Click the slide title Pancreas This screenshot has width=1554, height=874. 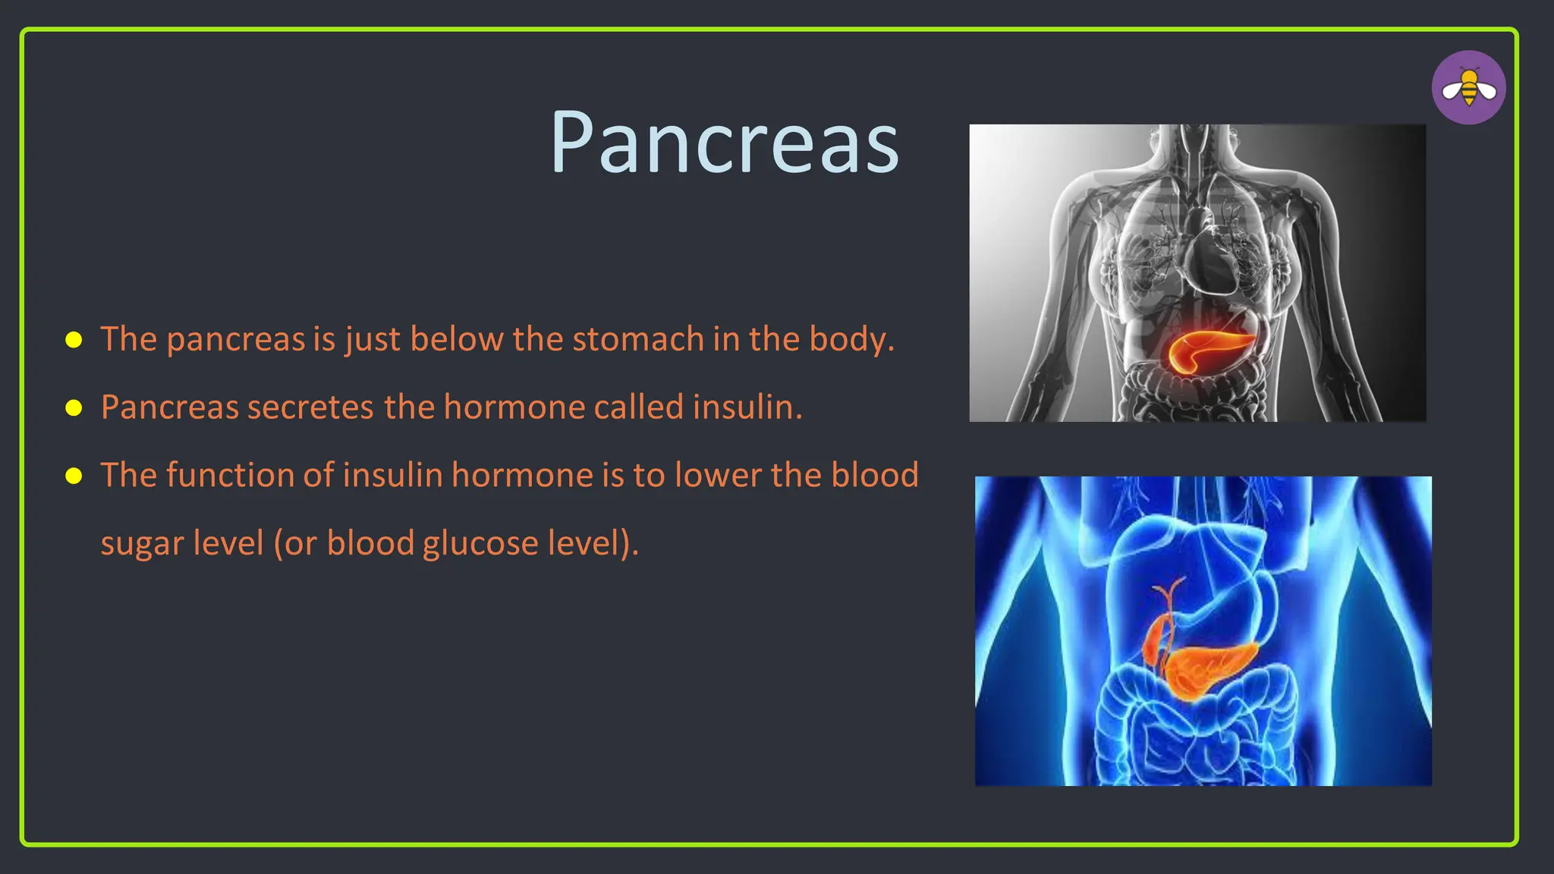pyautogui.click(x=725, y=143)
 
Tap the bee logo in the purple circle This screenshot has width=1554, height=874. pyautogui.click(x=1468, y=88)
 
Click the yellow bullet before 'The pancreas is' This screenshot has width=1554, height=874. pyautogui.click(x=74, y=339)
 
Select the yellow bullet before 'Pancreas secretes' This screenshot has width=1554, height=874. pyautogui.click(x=74, y=407)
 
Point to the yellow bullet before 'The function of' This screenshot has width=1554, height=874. pyautogui.click(x=74, y=476)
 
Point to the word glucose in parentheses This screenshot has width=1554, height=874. pyautogui.click(x=480, y=544)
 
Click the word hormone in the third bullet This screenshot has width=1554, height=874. pyautogui.click(x=522, y=476)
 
